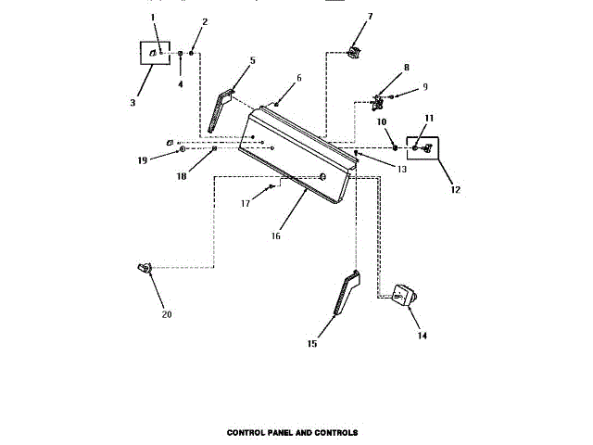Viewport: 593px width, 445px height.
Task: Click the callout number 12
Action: coord(454,189)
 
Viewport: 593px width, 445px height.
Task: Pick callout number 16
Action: coord(275,235)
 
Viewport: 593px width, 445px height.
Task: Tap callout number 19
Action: coord(142,160)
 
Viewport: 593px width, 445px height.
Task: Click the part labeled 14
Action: coord(405,298)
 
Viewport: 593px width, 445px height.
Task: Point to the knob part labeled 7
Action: coord(352,51)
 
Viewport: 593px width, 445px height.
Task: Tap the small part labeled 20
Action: coord(143,269)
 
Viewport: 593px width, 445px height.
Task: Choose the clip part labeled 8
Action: coord(378,97)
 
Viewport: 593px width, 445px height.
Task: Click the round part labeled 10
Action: coord(395,146)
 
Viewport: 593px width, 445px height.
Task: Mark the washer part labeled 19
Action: coord(183,148)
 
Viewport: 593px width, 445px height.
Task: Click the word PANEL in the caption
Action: coord(283,432)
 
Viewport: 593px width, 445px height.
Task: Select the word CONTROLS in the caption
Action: coord(334,432)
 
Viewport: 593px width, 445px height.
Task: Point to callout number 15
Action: coord(311,344)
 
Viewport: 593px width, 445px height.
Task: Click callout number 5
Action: coord(251,60)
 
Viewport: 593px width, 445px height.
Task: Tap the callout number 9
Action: coord(425,86)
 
